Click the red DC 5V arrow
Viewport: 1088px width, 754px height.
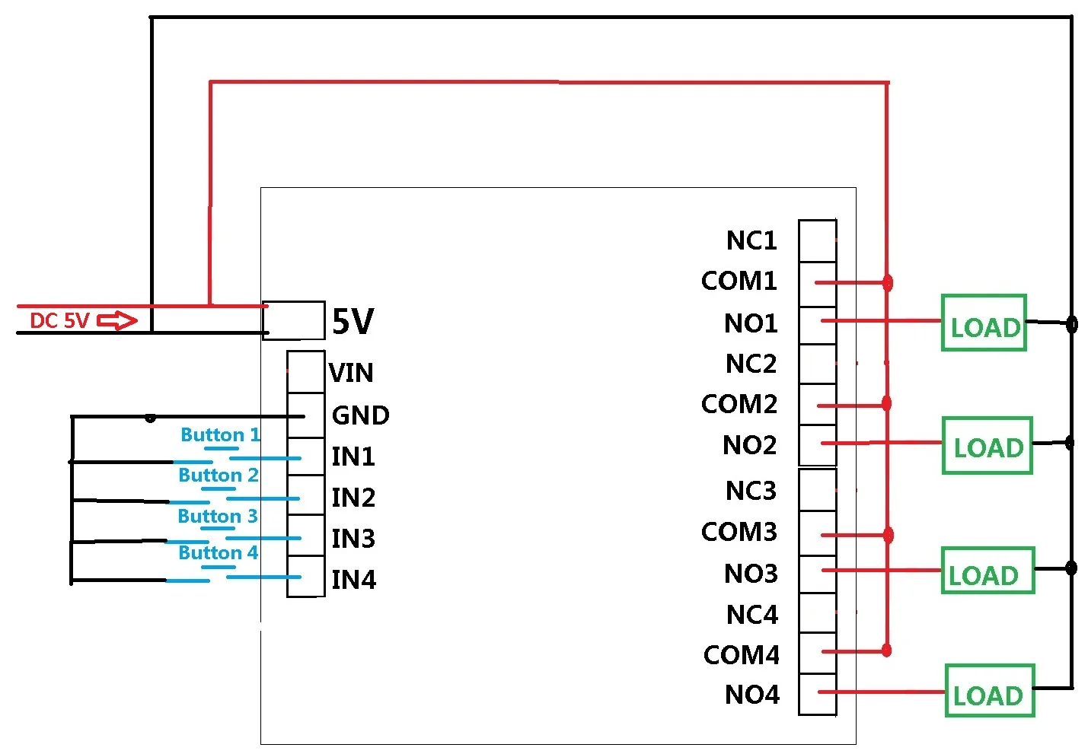pyautogui.click(x=117, y=320)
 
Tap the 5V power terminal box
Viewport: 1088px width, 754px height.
pyautogui.click(x=294, y=320)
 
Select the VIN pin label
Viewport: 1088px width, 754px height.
pyautogui.click(x=351, y=373)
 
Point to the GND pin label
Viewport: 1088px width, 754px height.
pyautogui.click(x=360, y=415)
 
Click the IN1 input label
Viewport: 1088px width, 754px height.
pyautogui.click(x=353, y=457)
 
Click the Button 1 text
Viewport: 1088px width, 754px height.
pyautogui.click(x=221, y=434)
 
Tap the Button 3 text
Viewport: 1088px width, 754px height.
pyautogui.click(x=218, y=516)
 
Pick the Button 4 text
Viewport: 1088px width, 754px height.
pyautogui.click(x=219, y=552)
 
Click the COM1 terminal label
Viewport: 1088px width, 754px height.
pyautogui.click(x=739, y=281)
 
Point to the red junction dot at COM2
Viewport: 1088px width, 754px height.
pyautogui.click(x=886, y=403)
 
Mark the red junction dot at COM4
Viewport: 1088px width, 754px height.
pyautogui.click(x=886, y=650)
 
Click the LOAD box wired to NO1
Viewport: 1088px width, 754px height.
pyautogui.click(x=984, y=323)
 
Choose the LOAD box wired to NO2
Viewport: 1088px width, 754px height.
pyautogui.click(x=987, y=445)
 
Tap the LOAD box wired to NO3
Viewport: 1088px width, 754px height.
pyautogui.click(x=988, y=571)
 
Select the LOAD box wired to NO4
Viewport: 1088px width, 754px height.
pyautogui.click(x=991, y=690)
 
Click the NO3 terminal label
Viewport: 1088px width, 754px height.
pyautogui.click(x=751, y=574)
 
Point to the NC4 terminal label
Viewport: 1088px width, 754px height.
pyautogui.click(x=752, y=615)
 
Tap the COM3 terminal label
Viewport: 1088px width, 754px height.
pyautogui.click(x=739, y=532)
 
